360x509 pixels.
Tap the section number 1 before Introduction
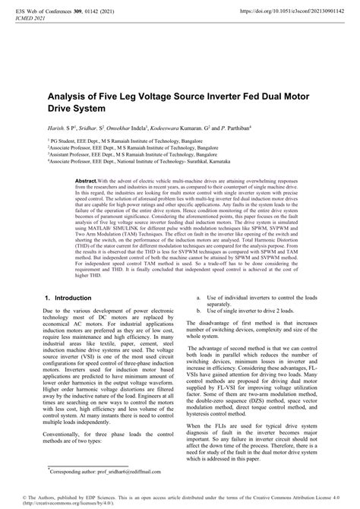pyautogui.click(x=49, y=299)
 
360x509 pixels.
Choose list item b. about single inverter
pyautogui.click(x=251, y=311)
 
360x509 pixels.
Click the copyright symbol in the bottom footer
pyautogui.click(x=5, y=495)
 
